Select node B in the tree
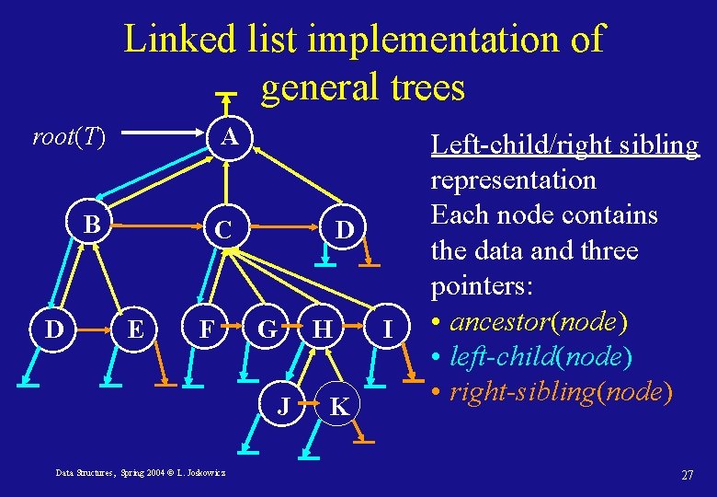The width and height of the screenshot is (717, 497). pyautogui.click(x=91, y=225)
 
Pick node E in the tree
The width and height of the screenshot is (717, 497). pyautogui.click(x=135, y=327)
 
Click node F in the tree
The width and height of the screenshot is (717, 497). pyautogui.click(x=209, y=328)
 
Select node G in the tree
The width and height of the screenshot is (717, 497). pyautogui.click(x=267, y=328)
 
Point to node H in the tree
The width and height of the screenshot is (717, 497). pyautogui.click(x=322, y=328)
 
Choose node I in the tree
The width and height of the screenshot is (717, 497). pyautogui.click(x=389, y=328)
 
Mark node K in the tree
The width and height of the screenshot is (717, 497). pyautogui.click(x=338, y=406)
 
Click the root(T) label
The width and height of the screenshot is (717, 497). pyautogui.click(x=69, y=138)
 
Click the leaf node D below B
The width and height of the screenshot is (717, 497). pyautogui.click(x=53, y=327)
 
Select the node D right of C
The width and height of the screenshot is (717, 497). pyautogui.click(x=344, y=226)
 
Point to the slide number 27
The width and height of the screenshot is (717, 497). pyautogui.click(x=687, y=475)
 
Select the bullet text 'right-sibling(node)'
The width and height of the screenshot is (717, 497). pyautogui.click(x=560, y=392)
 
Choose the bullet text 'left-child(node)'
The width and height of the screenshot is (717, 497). pyautogui.click(x=545, y=357)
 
